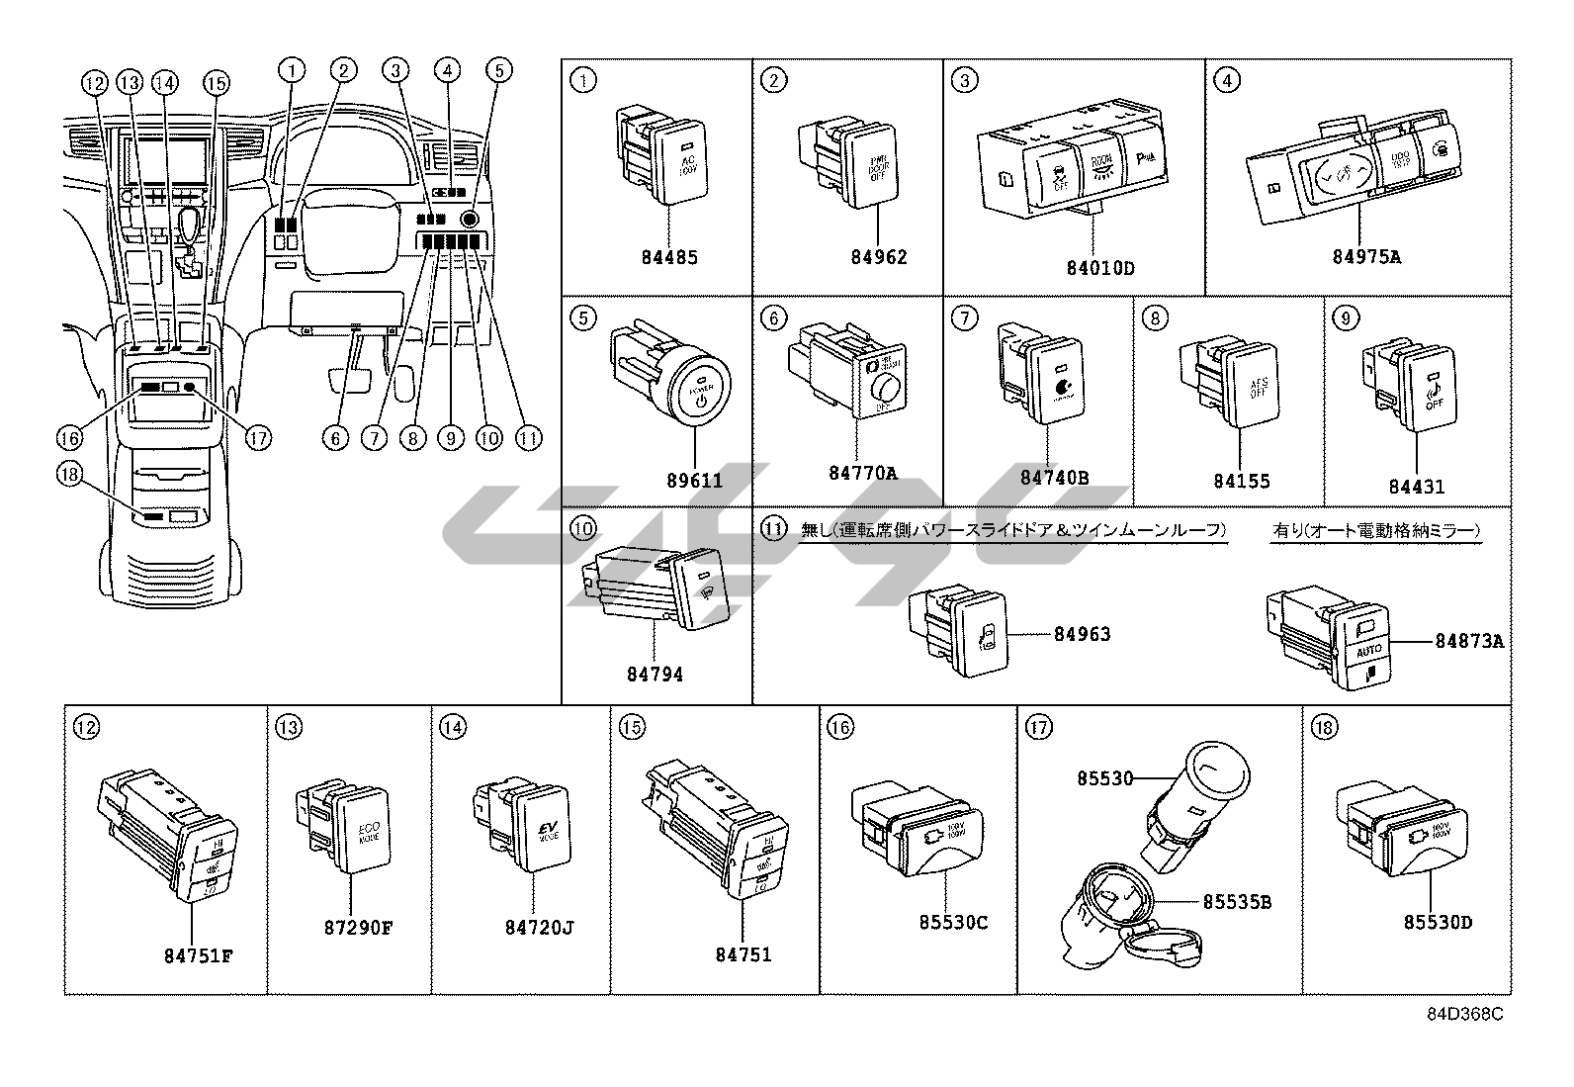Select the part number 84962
click(x=878, y=258)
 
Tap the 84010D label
click(x=1099, y=268)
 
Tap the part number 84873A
click(x=1470, y=641)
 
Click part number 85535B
click(x=1236, y=902)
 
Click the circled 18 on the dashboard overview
click(x=67, y=476)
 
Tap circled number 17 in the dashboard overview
click(x=259, y=437)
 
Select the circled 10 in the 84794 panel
click(x=583, y=530)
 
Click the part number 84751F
click(x=199, y=955)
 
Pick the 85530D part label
click(x=1438, y=923)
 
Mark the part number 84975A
click(x=1366, y=258)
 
